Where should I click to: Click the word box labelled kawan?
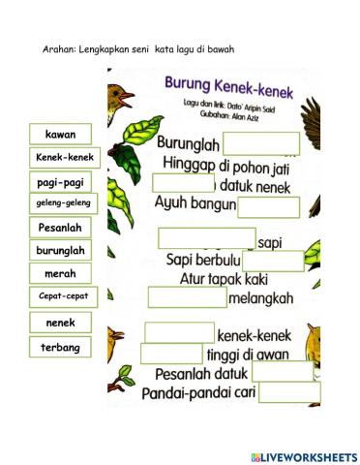66,135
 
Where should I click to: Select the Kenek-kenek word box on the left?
66,157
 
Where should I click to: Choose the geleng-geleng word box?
63,203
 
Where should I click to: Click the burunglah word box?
62,250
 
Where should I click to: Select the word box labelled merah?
61,274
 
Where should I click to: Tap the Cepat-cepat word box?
63,295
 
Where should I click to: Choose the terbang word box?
61,346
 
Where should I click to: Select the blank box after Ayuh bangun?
268,207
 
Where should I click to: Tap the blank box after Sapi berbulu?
272,261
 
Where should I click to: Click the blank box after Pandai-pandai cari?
288,392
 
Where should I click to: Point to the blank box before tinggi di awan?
171,354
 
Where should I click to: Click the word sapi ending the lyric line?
270,241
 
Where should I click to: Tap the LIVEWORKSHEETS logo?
303,456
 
